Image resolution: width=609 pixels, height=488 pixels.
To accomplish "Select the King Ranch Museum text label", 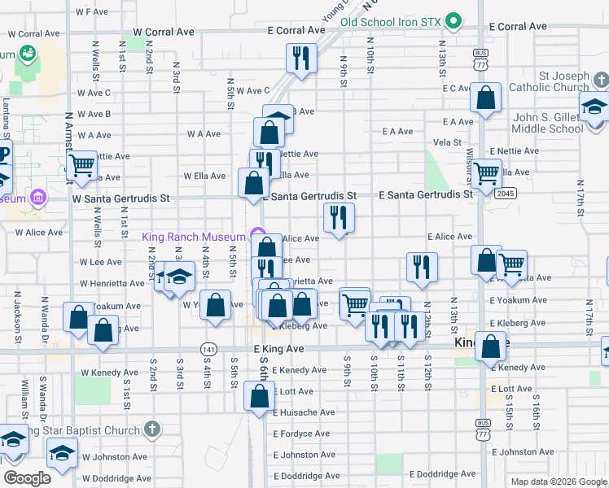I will [194, 237].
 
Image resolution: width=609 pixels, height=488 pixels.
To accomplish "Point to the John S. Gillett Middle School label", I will [548, 123].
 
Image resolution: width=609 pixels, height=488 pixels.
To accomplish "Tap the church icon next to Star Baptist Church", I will [151, 429].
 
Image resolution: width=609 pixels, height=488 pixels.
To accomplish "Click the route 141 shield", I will [208, 347].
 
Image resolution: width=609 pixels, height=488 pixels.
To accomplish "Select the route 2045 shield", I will [506, 194].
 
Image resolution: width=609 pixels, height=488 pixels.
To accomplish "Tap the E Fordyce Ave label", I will [301, 434].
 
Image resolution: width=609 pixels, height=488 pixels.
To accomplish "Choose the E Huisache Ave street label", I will [303, 412].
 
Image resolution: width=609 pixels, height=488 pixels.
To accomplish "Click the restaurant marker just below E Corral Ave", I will [301, 58].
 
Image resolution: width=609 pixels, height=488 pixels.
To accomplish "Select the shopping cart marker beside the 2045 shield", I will [485, 172].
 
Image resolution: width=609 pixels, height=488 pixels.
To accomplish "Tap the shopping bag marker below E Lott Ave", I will [259, 397].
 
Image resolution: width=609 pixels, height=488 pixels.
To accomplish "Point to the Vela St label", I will [447, 142].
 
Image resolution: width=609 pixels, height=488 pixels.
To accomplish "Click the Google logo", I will [28, 478].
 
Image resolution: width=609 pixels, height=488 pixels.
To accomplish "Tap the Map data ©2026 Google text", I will [558, 481].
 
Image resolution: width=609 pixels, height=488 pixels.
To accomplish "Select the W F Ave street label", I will [91, 12].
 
